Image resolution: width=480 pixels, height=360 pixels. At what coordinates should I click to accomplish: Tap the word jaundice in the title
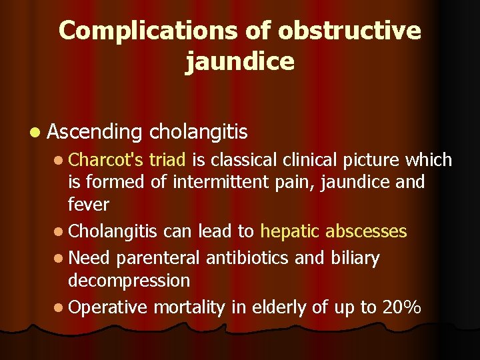coord(240,61)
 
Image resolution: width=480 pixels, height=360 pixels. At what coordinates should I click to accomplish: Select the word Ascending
coord(95,132)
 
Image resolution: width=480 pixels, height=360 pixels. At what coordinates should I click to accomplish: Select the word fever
coord(89,204)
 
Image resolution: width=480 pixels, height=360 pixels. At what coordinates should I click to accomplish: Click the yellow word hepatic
coord(291,231)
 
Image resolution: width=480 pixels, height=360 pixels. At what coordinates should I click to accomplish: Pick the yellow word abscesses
coord(367,231)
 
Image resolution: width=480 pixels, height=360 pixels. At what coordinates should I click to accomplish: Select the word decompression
coord(129,280)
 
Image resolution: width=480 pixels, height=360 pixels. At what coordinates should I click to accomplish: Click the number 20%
coord(401,307)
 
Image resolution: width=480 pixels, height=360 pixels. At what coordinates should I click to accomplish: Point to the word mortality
coord(190,307)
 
